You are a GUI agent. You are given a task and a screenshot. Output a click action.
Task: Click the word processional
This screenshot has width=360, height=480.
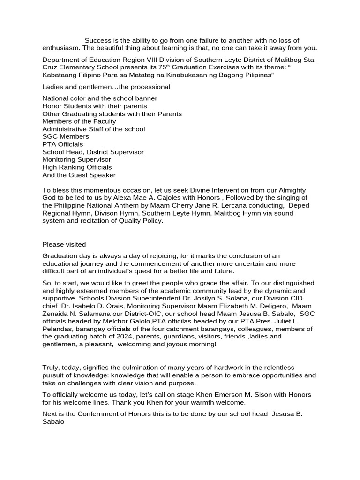point(153,87)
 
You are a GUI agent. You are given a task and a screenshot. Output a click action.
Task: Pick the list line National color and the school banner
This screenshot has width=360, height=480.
point(100,98)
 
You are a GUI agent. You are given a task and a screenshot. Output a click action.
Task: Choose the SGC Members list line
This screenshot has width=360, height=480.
point(66,136)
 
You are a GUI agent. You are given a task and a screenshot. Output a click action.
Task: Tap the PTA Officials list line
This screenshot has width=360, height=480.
point(63,144)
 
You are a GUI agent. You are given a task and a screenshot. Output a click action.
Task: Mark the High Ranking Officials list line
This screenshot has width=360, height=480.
point(77,167)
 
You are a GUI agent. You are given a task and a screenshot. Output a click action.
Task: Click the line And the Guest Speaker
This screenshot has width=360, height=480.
point(79,175)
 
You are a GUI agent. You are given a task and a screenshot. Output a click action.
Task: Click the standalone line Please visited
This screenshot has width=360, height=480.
point(64,244)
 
